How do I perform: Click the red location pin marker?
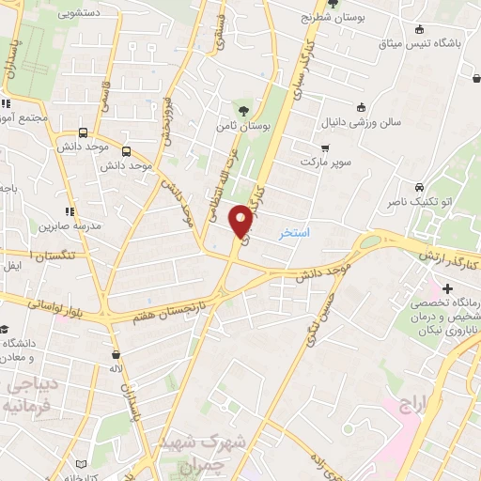pyautogui.click(x=241, y=221)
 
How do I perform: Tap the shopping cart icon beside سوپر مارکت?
pyautogui.click(x=325, y=147)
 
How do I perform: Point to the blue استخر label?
pyautogui.click(x=295, y=231)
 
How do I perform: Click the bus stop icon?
pyautogui.click(x=84, y=133)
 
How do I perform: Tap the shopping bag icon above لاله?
pyautogui.click(x=116, y=355)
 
